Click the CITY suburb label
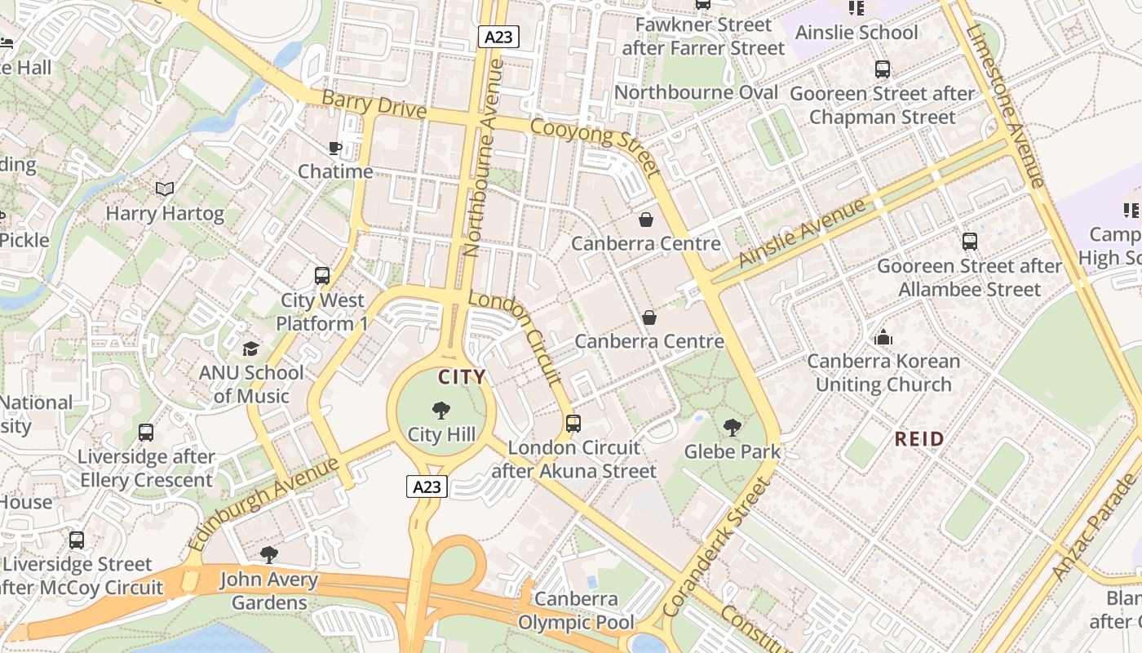tap(462, 377)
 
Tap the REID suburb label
tap(919, 439)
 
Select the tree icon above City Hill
tap(441, 411)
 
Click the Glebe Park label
tap(732, 451)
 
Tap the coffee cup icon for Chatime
tap(334, 148)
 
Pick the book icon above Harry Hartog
tap(165, 189)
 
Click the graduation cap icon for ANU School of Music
tap(250, 349)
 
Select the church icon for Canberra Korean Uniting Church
tap(883, 336)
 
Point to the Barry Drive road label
tap(374, 104)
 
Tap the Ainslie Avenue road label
tap(802, 233)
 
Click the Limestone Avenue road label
tap(1005, 106)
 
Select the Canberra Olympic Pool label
tap(576, 611)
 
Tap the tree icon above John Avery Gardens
tap(268, 556)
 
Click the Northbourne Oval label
tap(696, 92)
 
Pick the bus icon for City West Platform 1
tap(322, 276)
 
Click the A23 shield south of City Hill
tap(427, 487)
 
